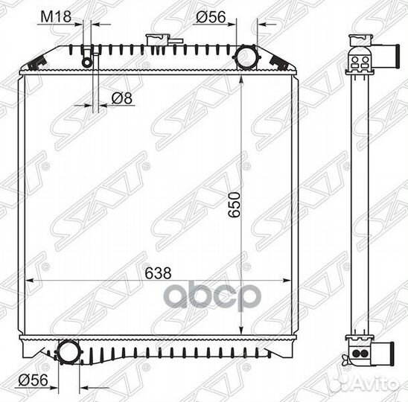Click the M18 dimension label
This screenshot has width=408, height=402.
pyautogui.click(x=56, y=17)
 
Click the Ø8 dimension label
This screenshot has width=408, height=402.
pyautogui.click(x=122, y=98)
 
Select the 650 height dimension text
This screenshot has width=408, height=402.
pyautogui.click(x=234, y=205)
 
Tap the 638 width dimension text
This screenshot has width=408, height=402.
pyautogui.click(x=158, y=273)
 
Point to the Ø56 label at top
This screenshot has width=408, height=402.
pyautogui.click(x=211, y=17)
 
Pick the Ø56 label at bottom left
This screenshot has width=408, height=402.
pyautogui.click(x=33, y=380)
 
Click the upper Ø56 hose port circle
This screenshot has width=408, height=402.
pyautogui.click(x=246, y=57)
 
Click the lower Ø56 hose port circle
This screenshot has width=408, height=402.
pyautogui.click(x=68, y=351)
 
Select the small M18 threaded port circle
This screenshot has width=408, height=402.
pyautogui.click(x=87, y=62)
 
